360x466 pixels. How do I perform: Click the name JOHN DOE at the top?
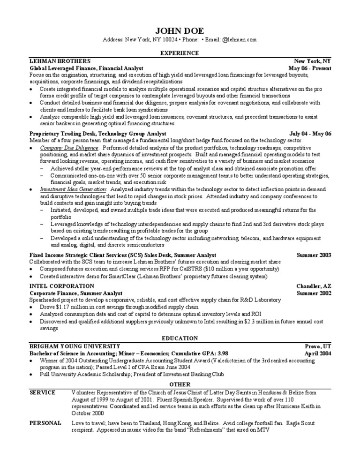(x=180, y=30)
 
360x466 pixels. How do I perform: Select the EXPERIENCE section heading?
(x=180, y=53)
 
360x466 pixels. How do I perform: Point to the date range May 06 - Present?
(x=309, y=68)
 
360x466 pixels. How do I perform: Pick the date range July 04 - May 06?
(x=310, y=134)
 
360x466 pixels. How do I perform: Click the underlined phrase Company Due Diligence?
(x=69, y=147)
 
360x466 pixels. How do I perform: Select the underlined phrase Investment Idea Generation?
(x=73, y=189)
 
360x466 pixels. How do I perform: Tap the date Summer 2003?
(x=314, y=255)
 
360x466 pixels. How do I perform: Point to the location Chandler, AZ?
(x=314, y=286)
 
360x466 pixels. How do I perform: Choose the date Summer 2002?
(x=314, y=293)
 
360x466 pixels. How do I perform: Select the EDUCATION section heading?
(x=180, y=338)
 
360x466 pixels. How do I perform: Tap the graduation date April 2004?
(x=318, y=353)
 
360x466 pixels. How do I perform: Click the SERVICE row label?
(x=42, y=392)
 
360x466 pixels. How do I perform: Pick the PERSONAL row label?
(x=45, y=423)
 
